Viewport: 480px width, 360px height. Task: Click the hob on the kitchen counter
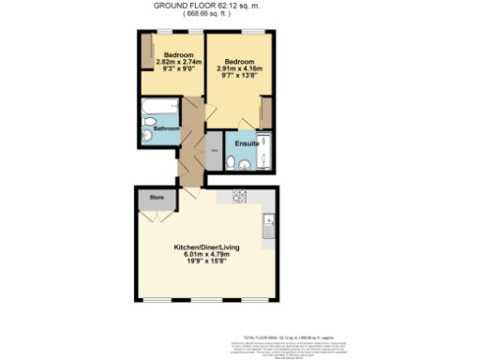point(238,197)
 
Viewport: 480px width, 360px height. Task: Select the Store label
point(156,198)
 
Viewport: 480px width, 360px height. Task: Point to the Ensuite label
point(247,143)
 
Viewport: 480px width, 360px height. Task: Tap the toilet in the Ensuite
point(243,166)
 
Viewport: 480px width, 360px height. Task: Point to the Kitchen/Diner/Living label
point(204,247)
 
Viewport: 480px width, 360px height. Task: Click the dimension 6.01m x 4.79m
point(204,255)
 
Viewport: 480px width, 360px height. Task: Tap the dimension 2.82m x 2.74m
point(173,62)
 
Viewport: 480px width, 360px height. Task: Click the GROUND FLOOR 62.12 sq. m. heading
point(205,5)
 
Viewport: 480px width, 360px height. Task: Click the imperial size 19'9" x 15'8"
point(204,262)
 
